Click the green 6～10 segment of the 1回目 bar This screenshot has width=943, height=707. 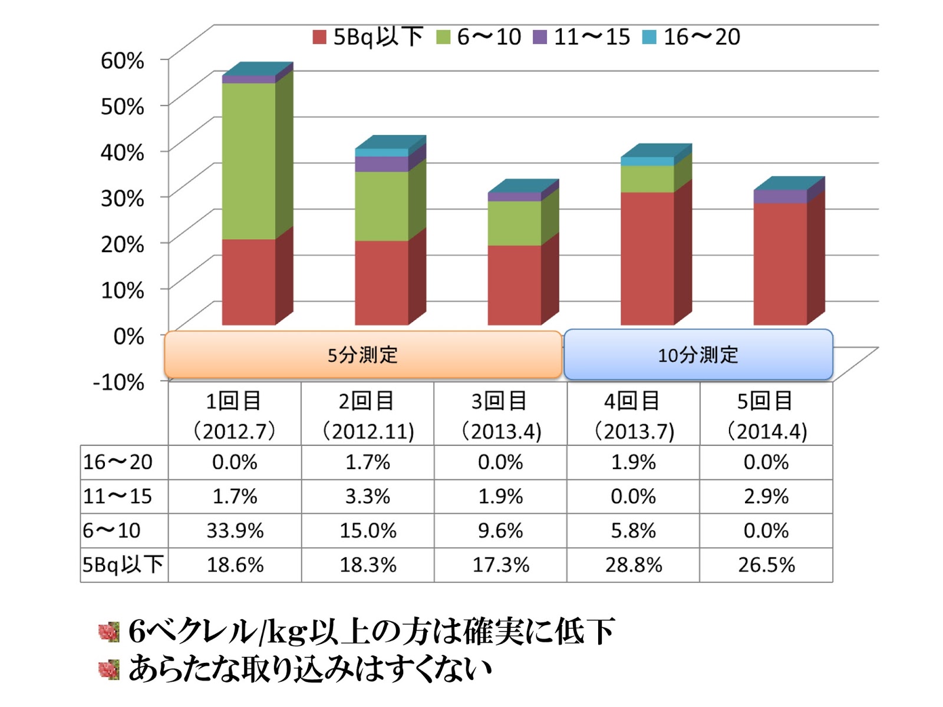249,160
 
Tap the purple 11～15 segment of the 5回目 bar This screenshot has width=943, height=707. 780,197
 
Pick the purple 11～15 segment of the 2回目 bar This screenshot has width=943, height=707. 381,164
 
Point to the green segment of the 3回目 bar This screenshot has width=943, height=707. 514,223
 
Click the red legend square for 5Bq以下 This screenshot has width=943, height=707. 319,37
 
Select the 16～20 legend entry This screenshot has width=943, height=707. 692,37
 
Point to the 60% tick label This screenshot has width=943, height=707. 123,60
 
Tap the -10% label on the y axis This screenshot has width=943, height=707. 118,382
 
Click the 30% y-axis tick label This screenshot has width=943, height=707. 123,198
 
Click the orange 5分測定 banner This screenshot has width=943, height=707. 362,355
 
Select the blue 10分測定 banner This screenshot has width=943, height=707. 698,355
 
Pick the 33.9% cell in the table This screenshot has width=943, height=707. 235,531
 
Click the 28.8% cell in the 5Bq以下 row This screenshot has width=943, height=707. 634,565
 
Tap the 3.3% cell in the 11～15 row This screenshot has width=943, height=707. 368,497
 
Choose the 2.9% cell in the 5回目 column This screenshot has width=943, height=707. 766,497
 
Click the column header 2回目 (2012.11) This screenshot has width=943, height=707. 368,416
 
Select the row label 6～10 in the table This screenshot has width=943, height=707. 112,531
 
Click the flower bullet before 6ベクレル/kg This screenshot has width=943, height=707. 109,632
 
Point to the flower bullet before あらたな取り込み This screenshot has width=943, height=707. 109,669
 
